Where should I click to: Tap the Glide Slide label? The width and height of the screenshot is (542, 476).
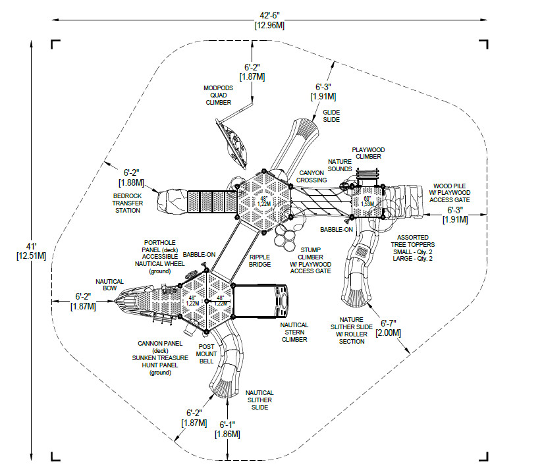pyautogui.click(x=331, y=116)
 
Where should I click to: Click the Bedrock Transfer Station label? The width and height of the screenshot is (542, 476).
pyautogui.click(x=126, y=203)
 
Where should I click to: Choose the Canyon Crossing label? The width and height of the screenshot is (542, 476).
pyautogui.click(x=311, y=176)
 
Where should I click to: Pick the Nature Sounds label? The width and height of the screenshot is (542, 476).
pyautogui.click(x=340, y=165)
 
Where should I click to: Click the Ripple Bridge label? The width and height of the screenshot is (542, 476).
pyautogui.click(x=259, y=261)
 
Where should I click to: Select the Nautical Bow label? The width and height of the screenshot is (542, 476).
pyautogui.click(x=109, y=285)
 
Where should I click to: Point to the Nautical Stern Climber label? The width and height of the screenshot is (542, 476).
pyautogui.click(x=294, y=332)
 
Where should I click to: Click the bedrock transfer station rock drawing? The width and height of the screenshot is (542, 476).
pyautogui.click(x=172, y=201)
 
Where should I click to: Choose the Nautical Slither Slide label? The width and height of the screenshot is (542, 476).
pyautogui.click(x=259, y=400)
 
